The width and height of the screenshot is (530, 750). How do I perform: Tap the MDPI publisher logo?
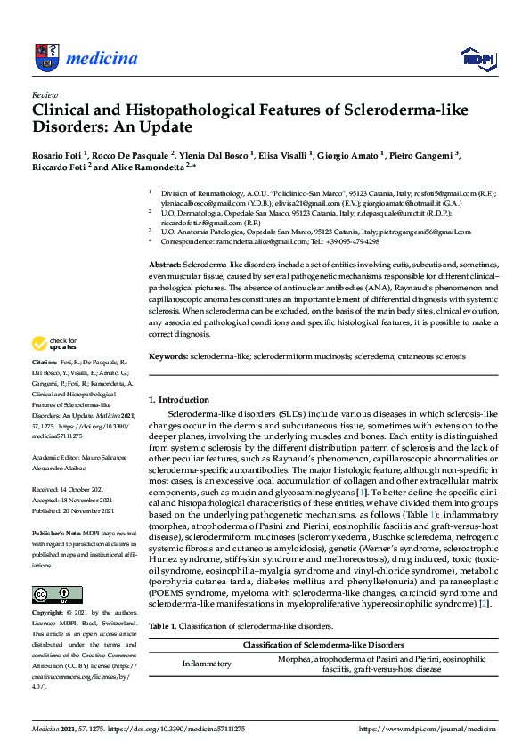coord(477,59)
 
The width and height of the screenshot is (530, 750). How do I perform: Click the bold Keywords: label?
coord(167,355)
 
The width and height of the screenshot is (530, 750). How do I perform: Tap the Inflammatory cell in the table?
coord(207,663)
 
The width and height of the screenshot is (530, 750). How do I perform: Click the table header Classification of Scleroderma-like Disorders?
coord(322,644)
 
